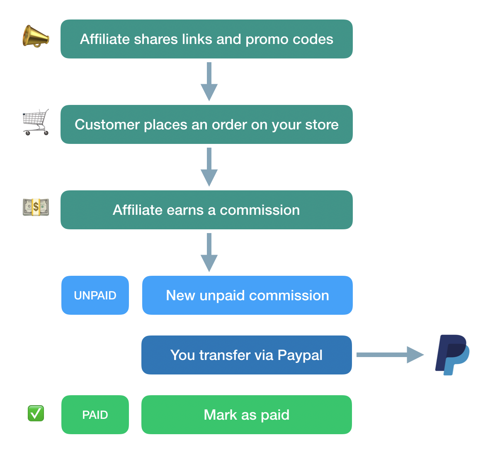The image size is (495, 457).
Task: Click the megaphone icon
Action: (x=36, y=36)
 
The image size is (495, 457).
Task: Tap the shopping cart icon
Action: (x=36, y=122)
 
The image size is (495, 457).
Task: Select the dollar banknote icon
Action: (x=36, y=207)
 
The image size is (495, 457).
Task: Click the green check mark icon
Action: (x=36, y=413)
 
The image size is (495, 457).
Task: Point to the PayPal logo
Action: (x=452, y=355)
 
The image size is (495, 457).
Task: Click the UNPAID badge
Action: (x=95, y=295)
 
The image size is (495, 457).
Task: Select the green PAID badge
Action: (x=95, y=415)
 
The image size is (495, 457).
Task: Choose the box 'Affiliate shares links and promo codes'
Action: (x=206, y=39)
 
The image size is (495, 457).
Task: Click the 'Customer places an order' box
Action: (x=206, y=124)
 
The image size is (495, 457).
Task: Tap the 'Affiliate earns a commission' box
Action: (x=206, y=210)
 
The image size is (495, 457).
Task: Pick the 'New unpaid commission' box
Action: (x=247, y=295)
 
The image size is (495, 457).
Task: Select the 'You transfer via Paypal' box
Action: (x=247, y=355)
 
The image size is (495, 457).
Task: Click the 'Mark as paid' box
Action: (x=247, y=415)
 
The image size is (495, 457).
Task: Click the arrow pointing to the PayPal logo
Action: (x=390, y=355)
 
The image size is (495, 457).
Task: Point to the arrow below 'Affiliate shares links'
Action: (x=209, y=81)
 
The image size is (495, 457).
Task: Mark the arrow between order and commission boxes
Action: (x=209, y=167)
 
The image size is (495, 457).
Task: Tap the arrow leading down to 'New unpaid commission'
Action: (x=209, y=252)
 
